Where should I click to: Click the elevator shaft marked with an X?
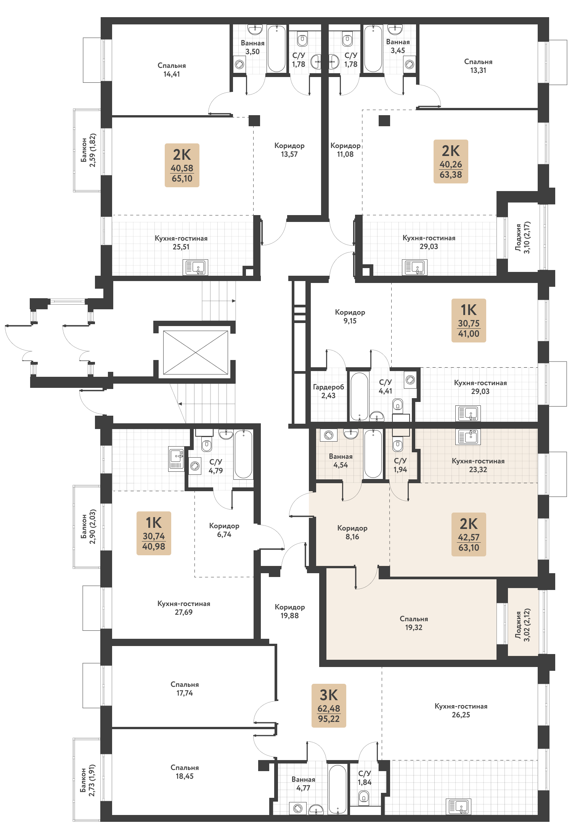[196, 352]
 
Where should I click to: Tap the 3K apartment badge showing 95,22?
[329, 706]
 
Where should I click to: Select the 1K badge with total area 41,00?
[469, 320]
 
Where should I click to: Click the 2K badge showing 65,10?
[182, 165]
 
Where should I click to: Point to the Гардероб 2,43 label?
[328, 391]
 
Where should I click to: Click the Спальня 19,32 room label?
[414, 623]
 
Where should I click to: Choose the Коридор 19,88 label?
[290, 611]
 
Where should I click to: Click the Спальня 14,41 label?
[172, 70]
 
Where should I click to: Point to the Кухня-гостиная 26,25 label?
[461, 710]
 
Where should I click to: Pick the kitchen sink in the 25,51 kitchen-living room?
[196, 267]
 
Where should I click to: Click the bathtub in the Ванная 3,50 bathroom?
[276, 48]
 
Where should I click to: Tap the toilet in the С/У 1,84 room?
[364, 796]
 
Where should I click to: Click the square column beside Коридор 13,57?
[254, 121]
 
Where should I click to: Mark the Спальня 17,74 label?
[185, 689]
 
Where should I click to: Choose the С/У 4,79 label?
[216, 466]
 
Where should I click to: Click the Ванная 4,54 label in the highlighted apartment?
[341, 461]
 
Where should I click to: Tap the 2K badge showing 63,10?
[469, 534]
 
